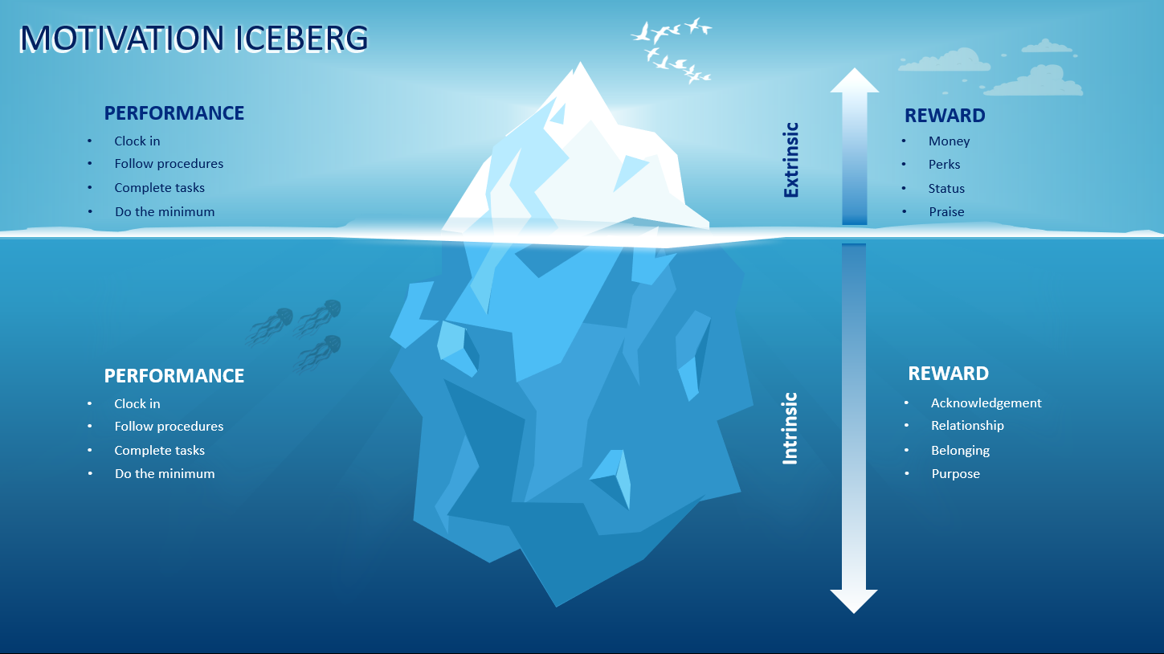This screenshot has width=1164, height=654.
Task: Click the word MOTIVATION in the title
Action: pyautogui.click(x=121, y=39)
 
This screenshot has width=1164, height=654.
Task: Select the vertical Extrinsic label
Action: pyautogui.click(x=791, y=160)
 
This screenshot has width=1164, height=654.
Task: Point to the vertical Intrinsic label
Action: pyautogui.click(x=790, y=428)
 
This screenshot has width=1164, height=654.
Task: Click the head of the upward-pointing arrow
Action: pyautogui.click(x=854, y=80)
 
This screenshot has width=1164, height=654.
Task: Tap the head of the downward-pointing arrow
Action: pyautogui.click(x=854, y=600)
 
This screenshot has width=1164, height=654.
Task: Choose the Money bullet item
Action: pyautogui.click(x=949, y=141)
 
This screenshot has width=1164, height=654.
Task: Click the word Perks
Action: pyautogui.click(x=944, y=165)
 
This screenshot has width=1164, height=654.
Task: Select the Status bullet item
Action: pyautogui.click(x=946, y=189)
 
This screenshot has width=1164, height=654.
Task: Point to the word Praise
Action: pyautogui.click(x=946, y=212)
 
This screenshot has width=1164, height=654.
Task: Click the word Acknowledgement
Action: pyautogui.click(x=986, y=403)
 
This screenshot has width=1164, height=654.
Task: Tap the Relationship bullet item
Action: pyautogui.click(x=967, y=426)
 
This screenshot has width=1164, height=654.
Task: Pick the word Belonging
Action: pyautogui.click(x=960, y=451)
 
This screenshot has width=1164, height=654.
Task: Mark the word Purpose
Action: pyautogui.click(x=955, y=474)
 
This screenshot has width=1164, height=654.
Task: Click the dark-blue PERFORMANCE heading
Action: pyautogui.click(x=174, y=113)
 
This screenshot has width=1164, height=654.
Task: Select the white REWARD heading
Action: pyautogui.click(x=948, y=374)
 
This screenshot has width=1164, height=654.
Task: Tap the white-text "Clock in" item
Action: pyautogui.click(x=137, y=404)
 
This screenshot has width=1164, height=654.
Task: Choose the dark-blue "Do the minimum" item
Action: pyautogui.click(x=165, y=212)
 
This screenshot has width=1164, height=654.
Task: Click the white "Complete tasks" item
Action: pyautogui.click(x=159, y=451)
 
